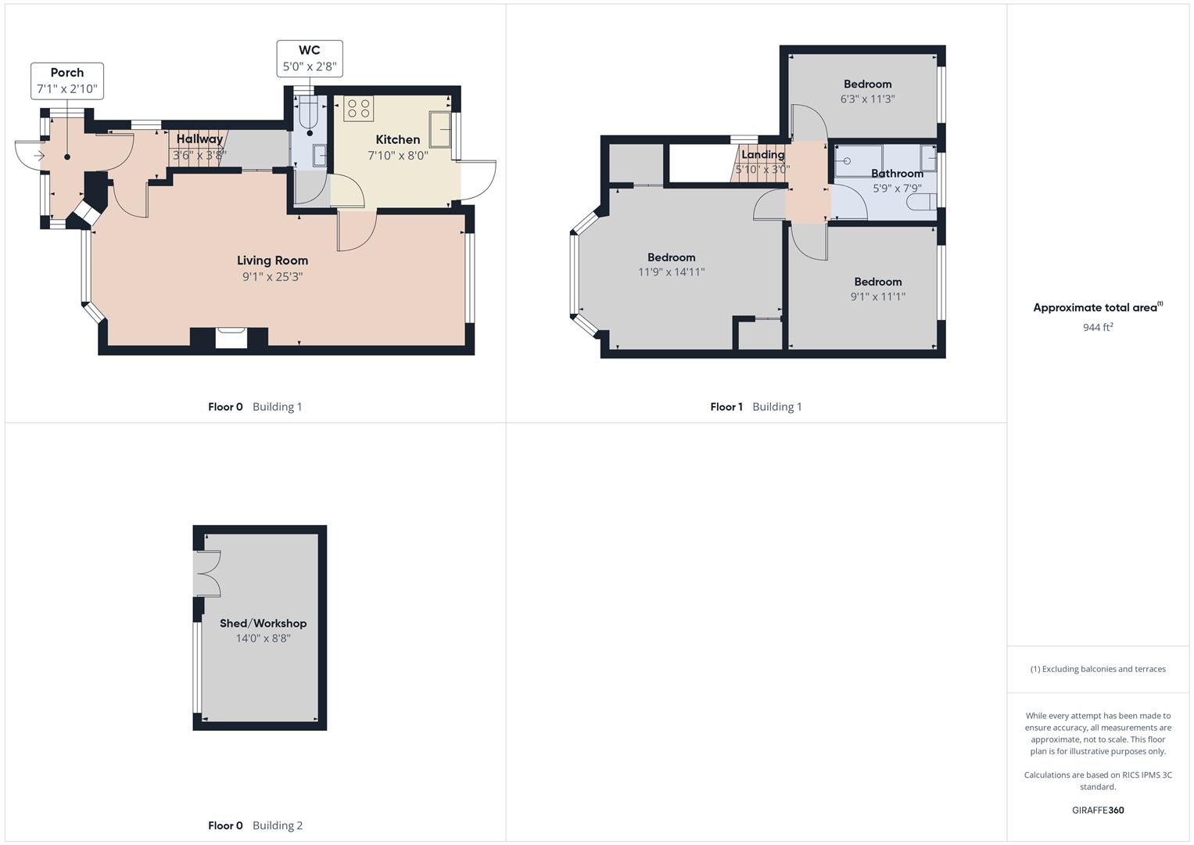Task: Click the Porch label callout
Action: point(67,81)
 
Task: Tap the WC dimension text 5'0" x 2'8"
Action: point(310,67)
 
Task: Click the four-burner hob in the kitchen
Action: point(359,108)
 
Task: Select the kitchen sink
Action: point(440,129)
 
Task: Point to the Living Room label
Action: point(272,261)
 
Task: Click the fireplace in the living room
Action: point(231,338)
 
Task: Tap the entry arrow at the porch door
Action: point(39,156)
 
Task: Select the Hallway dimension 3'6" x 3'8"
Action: point(199,155)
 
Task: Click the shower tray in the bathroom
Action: point(859,160)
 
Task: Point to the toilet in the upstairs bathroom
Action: point(921,202)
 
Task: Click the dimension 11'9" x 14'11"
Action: point(672,272)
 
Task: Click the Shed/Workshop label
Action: point(264,623)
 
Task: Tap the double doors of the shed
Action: point(207,574)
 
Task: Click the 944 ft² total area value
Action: point(1098,327)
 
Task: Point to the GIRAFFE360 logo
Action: point(1098,810)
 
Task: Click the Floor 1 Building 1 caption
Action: point(756,407)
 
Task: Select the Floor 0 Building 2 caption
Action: point(256,825)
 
